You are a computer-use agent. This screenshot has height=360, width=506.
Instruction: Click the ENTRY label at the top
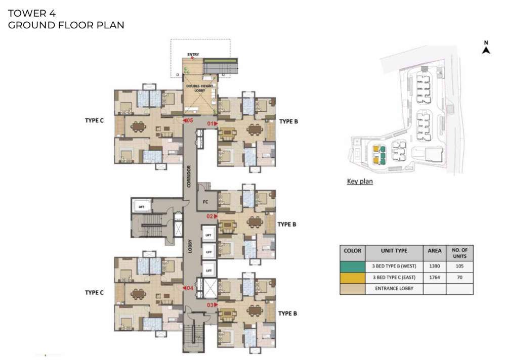click(x=193, y=55)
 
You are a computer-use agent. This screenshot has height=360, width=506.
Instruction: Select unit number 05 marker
click(x=188, y=121)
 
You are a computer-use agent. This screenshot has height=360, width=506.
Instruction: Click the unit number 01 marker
click(x=211, y=123)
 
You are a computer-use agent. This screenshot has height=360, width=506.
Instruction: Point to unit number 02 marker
click(x=212, y=216)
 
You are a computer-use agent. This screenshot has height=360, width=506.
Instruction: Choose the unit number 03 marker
click(x=212, y=305)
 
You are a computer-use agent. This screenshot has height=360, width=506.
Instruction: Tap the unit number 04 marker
click(x=188, y=288)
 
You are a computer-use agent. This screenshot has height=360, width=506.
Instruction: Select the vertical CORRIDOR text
click(x=188, y=176)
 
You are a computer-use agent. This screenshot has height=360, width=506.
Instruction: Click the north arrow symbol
click(x=486, y=49)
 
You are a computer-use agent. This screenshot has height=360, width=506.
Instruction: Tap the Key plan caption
click(x=359, y=182)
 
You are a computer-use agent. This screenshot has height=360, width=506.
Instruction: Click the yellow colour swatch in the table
click(x=352, y=278)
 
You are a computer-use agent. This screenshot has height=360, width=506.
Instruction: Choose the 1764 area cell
click(x=434, y=278)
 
